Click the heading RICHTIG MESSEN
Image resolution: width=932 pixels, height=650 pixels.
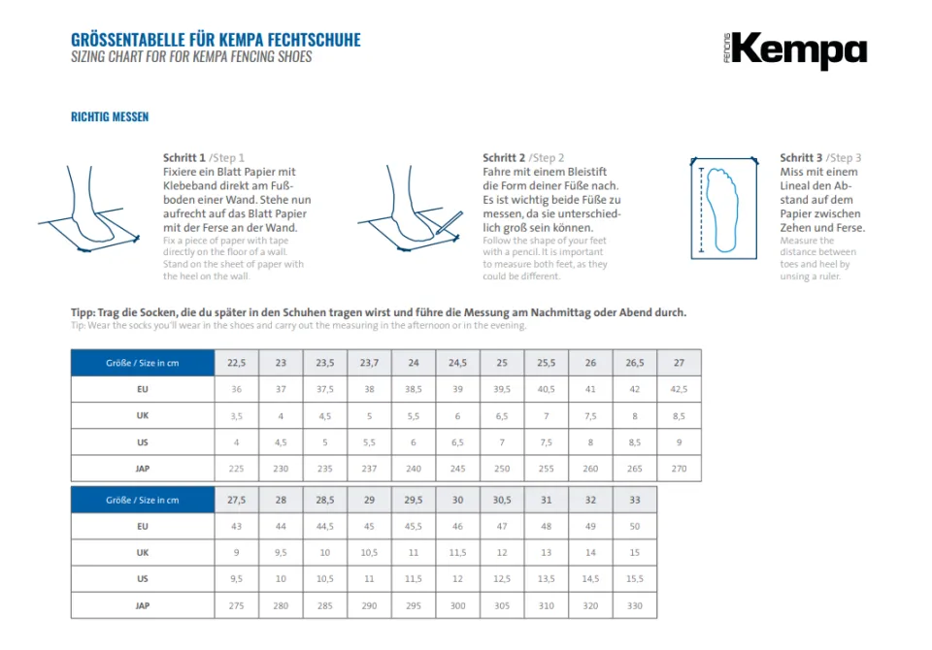pos(110,117)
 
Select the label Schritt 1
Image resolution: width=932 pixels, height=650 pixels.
pos(184,158)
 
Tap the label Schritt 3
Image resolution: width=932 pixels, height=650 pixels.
pos(801,158)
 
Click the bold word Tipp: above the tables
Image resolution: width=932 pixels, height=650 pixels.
pos(83,312)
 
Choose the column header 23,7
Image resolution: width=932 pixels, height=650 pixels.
pos(369,363)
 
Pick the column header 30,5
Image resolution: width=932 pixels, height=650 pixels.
pos(502,500)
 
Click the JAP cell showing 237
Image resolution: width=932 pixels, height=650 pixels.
pos(369,468)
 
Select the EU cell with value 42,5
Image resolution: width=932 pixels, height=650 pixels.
pos(679,389)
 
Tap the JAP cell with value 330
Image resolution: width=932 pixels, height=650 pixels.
pos(635,604)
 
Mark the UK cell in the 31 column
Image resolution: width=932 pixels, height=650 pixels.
pos(547,552)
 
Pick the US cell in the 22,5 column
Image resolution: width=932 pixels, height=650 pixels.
pos(236,441)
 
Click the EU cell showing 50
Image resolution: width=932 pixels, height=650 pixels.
pos(635,526)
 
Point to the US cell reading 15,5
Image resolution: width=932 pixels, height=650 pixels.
pos(635,578)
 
